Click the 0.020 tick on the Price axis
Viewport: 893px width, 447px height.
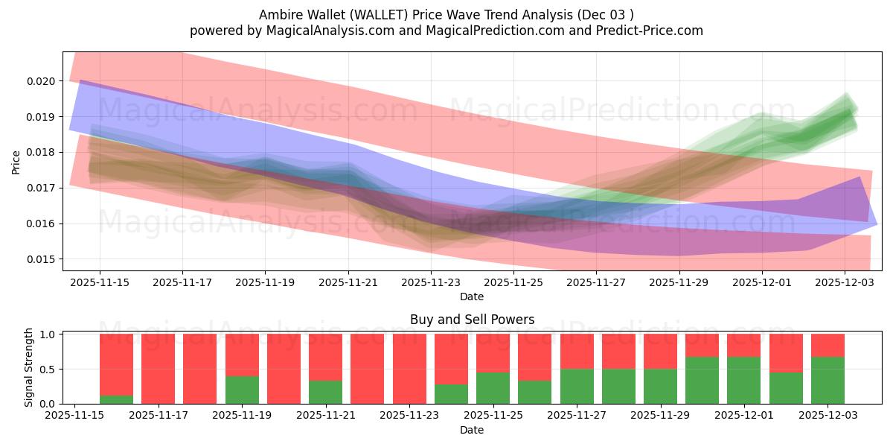[42, 80]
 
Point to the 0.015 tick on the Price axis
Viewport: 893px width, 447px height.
[42, 259]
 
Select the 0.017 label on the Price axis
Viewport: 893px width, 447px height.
[42, 188]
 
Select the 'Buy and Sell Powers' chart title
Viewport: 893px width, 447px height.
[472, 320]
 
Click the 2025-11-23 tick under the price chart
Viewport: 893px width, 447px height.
[431, 283]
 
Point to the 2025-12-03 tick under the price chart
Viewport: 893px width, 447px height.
[845, 283]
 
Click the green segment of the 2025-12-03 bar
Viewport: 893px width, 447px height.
[828, 381]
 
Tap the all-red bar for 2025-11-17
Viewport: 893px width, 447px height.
[158, 369]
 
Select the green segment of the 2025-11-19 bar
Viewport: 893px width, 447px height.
[242, 390]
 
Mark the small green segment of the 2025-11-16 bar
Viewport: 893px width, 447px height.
[116, 399]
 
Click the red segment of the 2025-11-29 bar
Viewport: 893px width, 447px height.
[660, 351]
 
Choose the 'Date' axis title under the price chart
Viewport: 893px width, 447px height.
[472, 297]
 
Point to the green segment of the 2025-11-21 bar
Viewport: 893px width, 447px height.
[325, 392]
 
